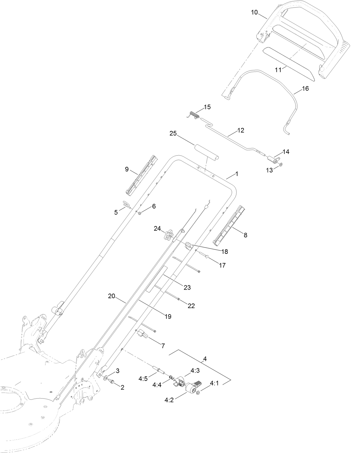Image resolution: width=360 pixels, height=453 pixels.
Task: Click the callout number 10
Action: (x=254, y=12)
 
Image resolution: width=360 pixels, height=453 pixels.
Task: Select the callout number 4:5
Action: (x=143, y=379)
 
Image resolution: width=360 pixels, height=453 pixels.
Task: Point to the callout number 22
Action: (x=191, y=306)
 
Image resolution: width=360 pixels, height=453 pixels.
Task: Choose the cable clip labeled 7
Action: (x=142, y=334)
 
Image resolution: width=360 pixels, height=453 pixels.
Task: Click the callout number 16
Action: (x=305, y=88)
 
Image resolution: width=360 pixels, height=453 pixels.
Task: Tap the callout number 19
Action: (x=168, y=316)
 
